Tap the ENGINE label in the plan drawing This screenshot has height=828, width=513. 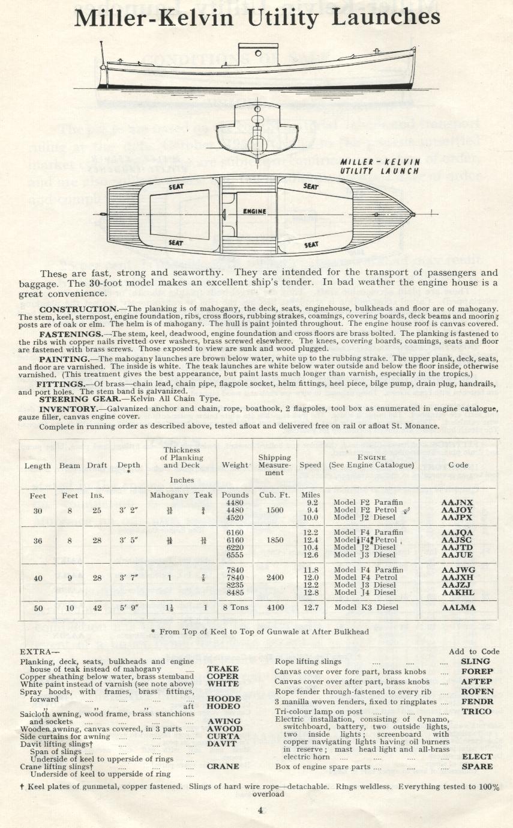pos(254,212)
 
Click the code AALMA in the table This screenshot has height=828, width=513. pos(458,607)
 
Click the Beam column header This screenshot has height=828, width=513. pos(70,465)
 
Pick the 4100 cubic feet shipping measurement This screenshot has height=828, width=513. pos(275,607)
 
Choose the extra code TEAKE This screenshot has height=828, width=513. pos(223,668)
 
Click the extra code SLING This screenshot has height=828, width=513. pos(476,662)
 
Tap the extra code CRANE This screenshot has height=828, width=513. pos(223,766)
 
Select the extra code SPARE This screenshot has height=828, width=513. pos(477,767)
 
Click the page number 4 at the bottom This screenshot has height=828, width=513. pos(260,809)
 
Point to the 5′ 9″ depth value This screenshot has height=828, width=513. pos(129,607)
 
